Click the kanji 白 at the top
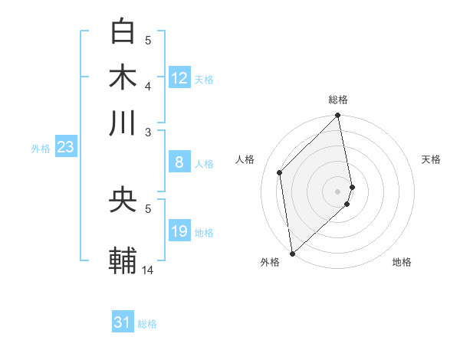123,32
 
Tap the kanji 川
123,122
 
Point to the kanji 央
123,201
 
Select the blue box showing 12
179,77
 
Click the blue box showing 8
179,162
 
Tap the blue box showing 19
179,231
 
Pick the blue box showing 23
64,148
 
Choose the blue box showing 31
122,322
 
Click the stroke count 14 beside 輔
148,270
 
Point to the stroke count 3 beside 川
148,131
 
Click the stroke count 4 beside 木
148,85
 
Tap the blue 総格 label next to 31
147,324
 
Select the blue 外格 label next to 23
40,149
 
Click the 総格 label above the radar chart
338,100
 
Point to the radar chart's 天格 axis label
432,159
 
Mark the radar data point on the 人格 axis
280,172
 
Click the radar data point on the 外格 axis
292,254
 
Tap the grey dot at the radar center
338,191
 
